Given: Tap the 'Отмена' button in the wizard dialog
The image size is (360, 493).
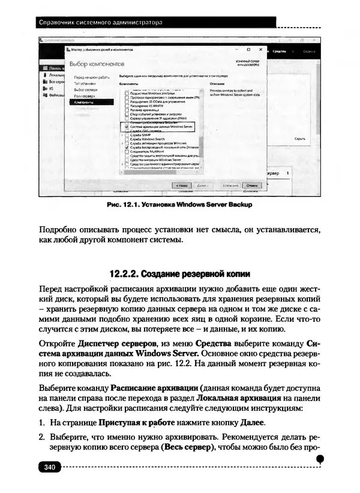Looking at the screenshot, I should pyautogui.click(x=253, y=186).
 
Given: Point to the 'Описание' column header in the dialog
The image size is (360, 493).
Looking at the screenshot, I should pyautogui.click(x=217, y=84).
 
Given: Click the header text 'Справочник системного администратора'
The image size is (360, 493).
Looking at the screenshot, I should pyautogui.click(x=100, y=23).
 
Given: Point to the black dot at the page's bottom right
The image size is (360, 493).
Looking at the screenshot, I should pyautogui.click(x=320, y=459).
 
